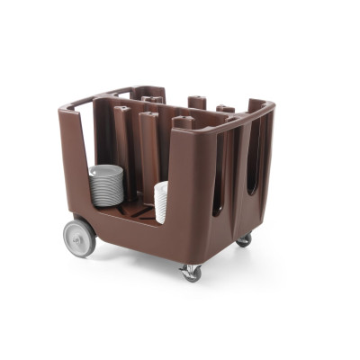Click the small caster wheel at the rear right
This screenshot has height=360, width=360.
[244, 240]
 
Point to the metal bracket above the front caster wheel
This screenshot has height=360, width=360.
[190, 265]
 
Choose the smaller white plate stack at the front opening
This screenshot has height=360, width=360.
[161, 202]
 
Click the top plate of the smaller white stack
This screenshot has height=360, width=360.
[162, 185]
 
